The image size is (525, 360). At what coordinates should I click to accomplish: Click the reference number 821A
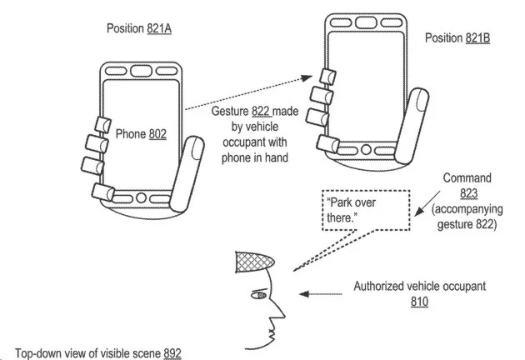point(159,28)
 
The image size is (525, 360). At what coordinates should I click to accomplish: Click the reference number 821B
point(477,37)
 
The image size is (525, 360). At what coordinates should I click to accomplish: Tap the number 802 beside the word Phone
point(157,134)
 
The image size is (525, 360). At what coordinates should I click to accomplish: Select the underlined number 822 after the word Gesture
point(261,111)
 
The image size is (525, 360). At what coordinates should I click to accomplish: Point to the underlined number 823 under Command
point(468,193)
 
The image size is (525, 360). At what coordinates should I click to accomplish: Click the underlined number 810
point(419,302)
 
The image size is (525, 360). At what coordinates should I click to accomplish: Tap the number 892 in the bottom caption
point(172,353)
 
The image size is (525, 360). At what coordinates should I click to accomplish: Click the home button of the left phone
point(141,197)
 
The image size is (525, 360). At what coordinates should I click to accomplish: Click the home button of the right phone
point(367,149)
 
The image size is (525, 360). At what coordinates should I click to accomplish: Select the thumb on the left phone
point(187,174)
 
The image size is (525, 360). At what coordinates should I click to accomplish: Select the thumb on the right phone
point(412,126)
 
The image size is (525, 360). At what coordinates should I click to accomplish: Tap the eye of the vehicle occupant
point(259,295)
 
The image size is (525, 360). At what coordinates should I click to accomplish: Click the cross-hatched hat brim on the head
point(254,262)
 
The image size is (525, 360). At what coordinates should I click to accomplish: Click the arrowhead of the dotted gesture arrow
point(307,78)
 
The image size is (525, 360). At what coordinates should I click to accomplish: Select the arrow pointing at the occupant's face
point(321,294)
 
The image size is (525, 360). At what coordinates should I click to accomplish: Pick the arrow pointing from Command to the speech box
point(427,203)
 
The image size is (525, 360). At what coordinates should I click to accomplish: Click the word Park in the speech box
point(340,202)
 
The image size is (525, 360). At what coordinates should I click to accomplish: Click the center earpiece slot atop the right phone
point(366,22)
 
